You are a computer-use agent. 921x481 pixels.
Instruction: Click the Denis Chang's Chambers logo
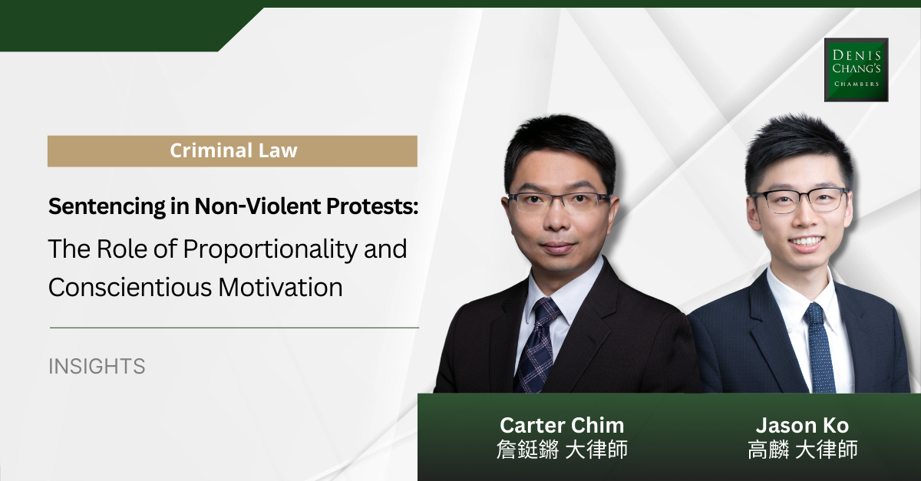click(856, 70)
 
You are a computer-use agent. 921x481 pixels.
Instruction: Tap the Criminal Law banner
click(233, 151)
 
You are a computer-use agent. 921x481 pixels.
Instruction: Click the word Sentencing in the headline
click(107, 207)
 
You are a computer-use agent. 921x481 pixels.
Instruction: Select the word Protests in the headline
click(372, 206)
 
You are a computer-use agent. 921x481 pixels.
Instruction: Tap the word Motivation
click(280, 287)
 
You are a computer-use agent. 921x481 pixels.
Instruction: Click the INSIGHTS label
click(97, 366)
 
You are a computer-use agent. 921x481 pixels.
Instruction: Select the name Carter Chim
click(562, 425)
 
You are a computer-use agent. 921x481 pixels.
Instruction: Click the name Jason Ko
click(802, 425)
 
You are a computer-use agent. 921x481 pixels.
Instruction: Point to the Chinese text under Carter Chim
click(562, 450)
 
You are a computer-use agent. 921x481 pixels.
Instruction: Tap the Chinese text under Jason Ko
click(802, 450)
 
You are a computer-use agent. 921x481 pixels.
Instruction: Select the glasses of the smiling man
click(800, 201)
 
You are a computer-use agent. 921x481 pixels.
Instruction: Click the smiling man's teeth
click(807, 242)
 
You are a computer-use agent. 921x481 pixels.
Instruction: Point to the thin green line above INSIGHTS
click(234, 328)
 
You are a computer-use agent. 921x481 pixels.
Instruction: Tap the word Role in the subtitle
click(121, 249)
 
